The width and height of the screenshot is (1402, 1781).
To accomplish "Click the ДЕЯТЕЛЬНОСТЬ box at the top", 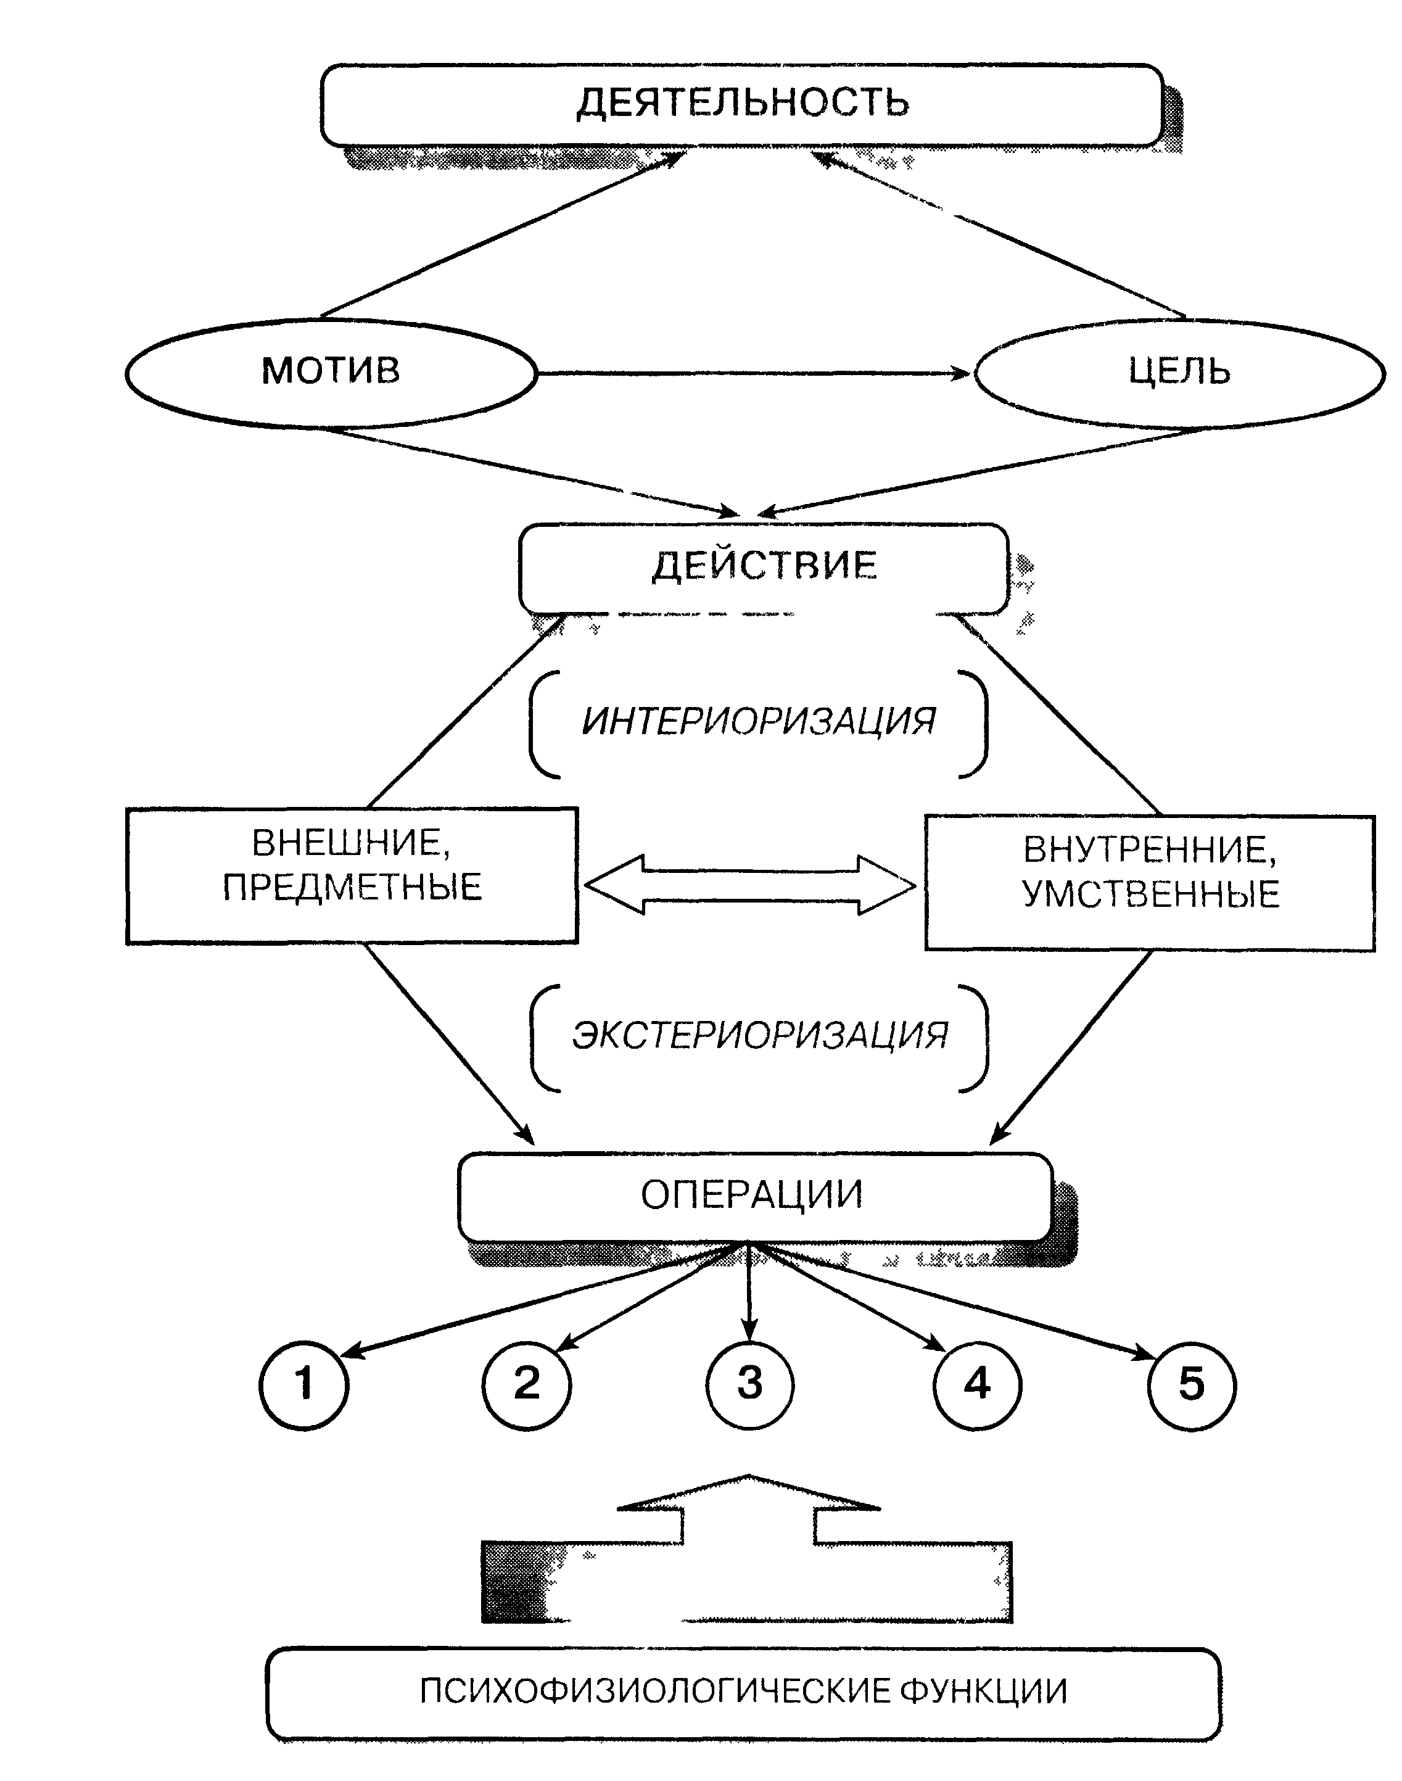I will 742,104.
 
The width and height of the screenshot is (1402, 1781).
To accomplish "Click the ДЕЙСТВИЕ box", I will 764,566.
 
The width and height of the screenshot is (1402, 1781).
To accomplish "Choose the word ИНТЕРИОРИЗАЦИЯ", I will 759,722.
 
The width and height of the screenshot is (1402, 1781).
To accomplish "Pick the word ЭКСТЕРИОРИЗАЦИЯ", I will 760,1036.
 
